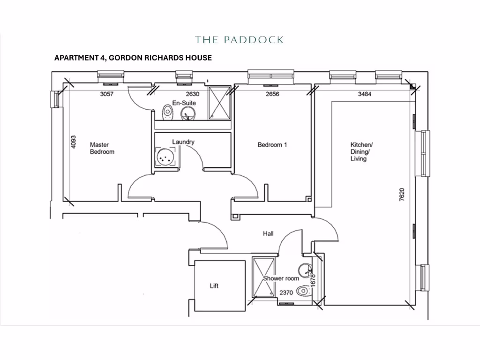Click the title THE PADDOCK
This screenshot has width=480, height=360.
pos(239,40)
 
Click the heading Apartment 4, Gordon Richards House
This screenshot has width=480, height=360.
pos(133,58)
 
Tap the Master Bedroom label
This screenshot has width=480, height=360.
pos(102,149)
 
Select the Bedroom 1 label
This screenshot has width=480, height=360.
pos(272,145)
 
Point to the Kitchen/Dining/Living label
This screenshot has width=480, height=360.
pos(361,151)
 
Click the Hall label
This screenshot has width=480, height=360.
pos(268,233)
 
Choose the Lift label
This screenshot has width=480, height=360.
pos(214,285)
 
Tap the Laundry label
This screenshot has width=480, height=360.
pos(183,142)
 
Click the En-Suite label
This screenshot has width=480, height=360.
pos(184,103)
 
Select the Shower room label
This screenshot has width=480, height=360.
pos(281,278)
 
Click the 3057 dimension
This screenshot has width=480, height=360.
pos(107,94)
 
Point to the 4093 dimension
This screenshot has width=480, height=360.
pos(74,142)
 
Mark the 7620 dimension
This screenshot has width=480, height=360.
pos(401,195)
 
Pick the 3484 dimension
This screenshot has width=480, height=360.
pos(364,94)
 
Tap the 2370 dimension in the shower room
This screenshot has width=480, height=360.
pos(286,292)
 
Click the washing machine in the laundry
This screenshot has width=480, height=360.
pos(165,157)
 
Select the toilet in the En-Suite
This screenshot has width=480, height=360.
pos(167,112)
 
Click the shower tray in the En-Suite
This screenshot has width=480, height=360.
pos(218,102)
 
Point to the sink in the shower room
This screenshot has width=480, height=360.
pos(305,270)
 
